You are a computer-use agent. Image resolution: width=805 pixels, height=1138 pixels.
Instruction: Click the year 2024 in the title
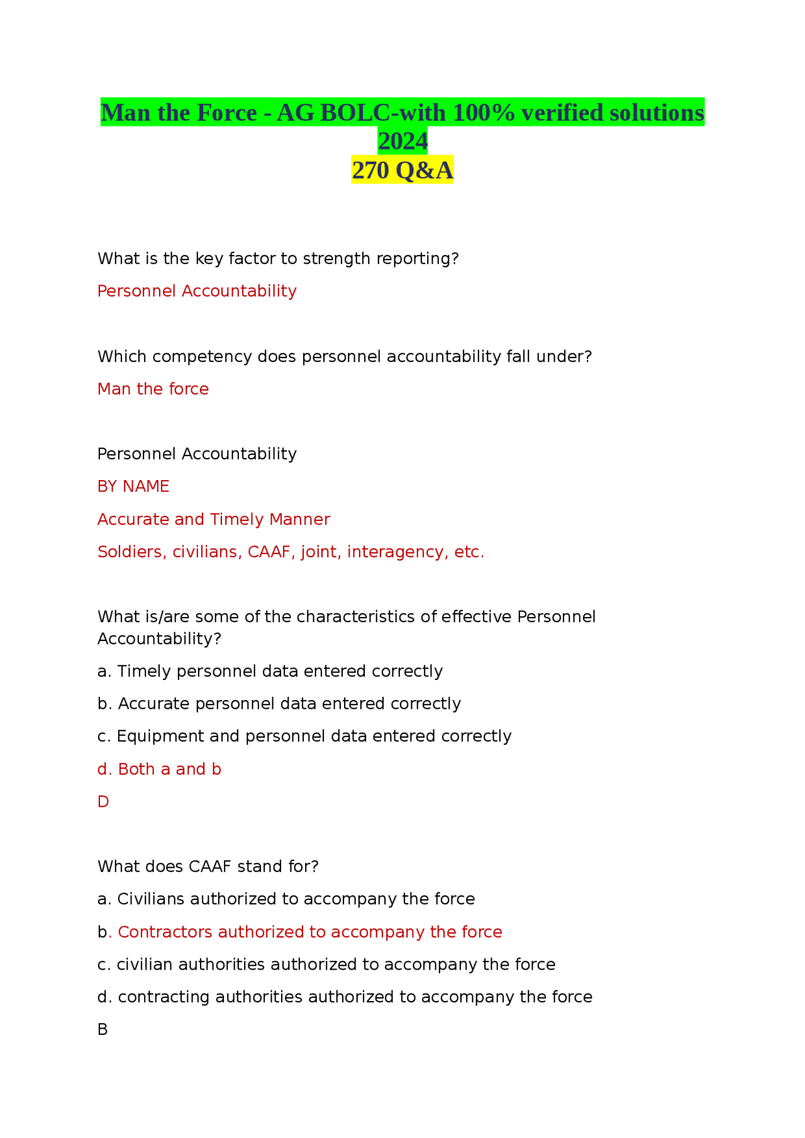pos(402,141)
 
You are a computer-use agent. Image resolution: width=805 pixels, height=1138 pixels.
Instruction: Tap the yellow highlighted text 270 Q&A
pos(402,170)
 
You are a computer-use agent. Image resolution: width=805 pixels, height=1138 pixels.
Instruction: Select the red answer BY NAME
pos(133,486)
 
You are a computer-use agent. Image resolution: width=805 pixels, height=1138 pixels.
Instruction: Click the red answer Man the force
pos(153,389)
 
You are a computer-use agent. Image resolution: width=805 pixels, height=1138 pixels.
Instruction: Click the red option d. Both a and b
pos(159,769)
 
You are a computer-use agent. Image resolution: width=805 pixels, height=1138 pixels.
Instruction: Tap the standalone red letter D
pos(103,802)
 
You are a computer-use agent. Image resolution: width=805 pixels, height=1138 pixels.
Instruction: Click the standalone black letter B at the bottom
pos(103,1029)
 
